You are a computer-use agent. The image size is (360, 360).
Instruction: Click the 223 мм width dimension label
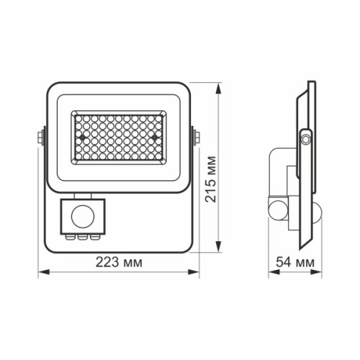coord(120,264)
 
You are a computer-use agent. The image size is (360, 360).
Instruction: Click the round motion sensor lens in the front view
coord(84,215)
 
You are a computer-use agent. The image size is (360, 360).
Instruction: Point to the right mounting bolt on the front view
coord(195,136)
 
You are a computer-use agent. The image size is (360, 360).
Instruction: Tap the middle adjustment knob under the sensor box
coord(83,235)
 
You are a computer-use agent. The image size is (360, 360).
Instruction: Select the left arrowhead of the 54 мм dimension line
coord(271,272)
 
